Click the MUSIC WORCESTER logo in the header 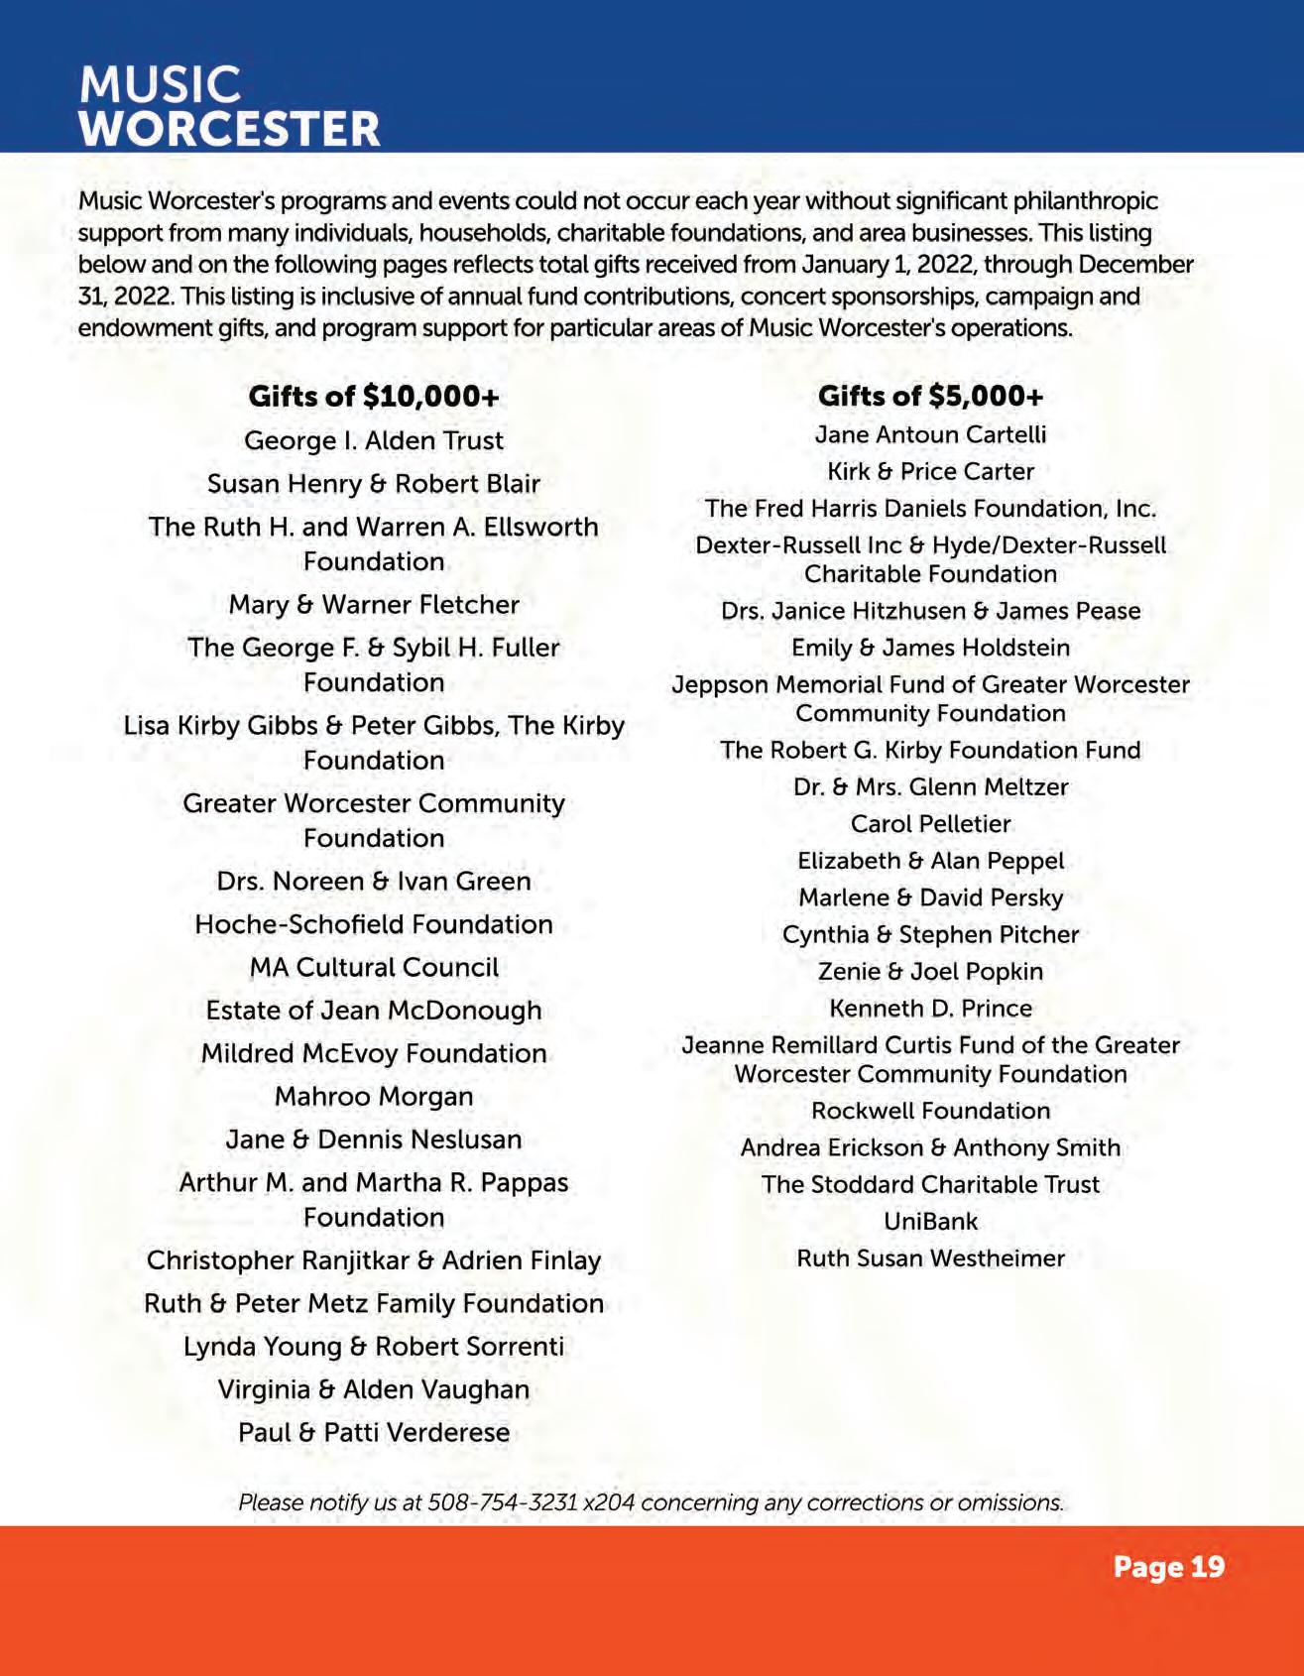229,106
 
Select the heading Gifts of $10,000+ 373,397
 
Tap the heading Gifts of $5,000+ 930,397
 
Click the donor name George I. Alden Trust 373,440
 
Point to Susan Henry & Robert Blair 373,484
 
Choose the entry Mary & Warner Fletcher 373,605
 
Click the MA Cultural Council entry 373,967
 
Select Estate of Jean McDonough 373,1011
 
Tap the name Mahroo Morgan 373,1097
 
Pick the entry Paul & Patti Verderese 373,1433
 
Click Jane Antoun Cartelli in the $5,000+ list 930,434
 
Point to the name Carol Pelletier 930,824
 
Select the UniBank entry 930,1222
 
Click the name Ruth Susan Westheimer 930,1258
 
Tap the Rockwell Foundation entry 930,1111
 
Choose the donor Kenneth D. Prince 930,1009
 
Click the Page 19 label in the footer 1168,1567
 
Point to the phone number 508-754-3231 503,1502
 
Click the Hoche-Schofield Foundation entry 373,924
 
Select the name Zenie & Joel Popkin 930,972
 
